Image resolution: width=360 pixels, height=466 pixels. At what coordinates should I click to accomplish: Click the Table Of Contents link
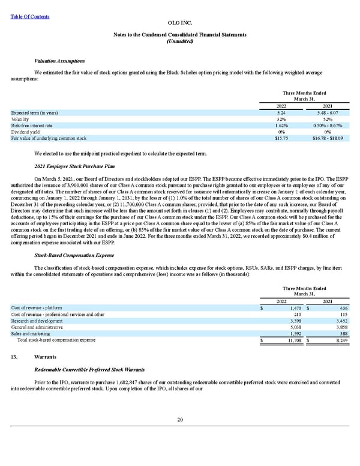[x=31, y=17]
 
